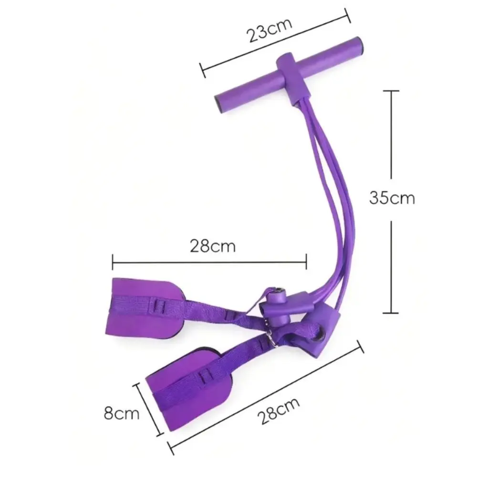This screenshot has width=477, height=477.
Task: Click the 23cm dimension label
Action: (270, 31)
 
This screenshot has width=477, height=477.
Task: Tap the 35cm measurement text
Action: (392, 198)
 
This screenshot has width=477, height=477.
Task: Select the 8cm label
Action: (121, 413)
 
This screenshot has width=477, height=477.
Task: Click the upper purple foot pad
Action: (145, 307)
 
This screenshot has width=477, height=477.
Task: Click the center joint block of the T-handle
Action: (293, 80)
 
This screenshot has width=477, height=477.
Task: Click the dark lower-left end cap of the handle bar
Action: (219, 104)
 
